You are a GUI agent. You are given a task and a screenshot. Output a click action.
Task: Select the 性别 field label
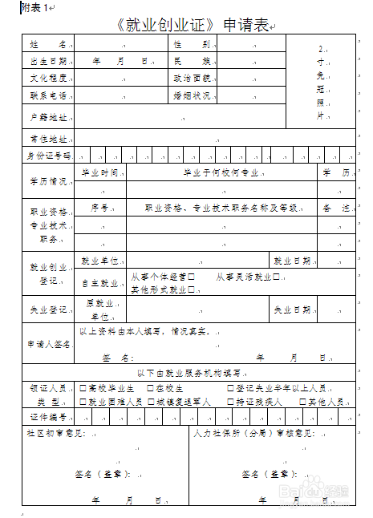pyautogui.click(x=191, y=43)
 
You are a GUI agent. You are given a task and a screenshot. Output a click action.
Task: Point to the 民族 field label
pyautogui.click(x=191, y=61)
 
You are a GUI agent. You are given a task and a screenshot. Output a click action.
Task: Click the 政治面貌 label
pyautogui.click(x=191, y=79)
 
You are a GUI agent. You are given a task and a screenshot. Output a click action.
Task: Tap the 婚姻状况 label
pyautogui.click(x=191, y=95)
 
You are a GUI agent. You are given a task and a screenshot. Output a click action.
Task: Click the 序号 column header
pyautogui.click(x=99, y=208)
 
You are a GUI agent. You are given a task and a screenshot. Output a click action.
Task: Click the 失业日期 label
pyautogui.click(x=291, y=310)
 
